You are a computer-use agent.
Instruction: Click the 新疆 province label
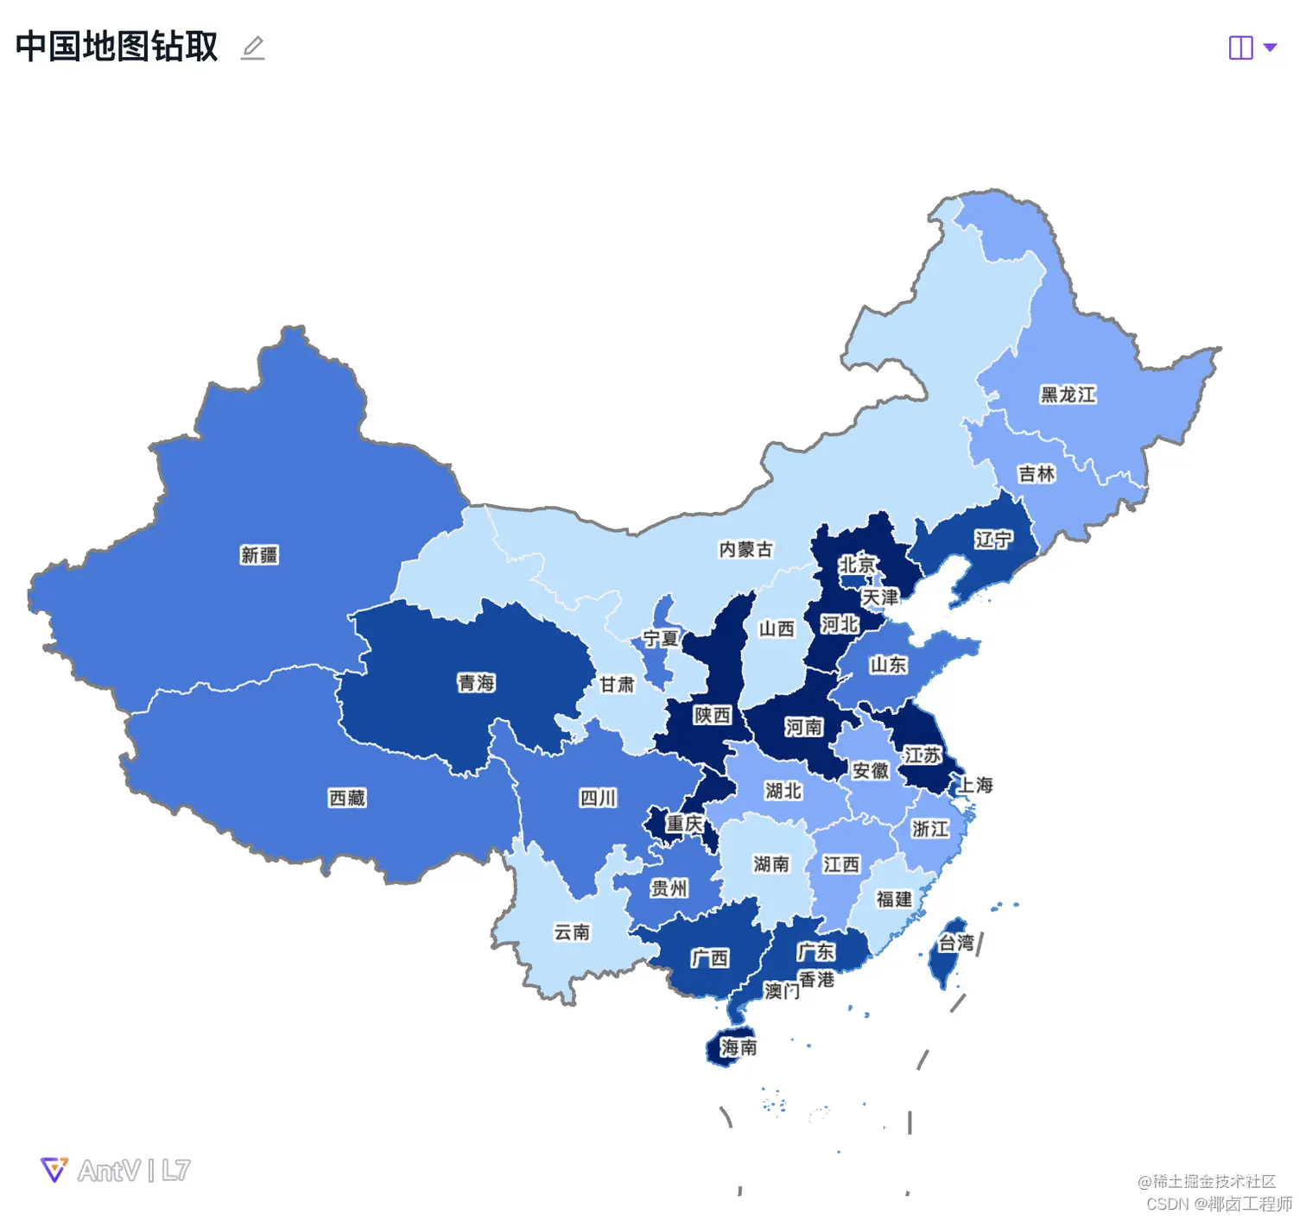[x=259, y=555]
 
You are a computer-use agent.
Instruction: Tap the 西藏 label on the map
[x=347, y=798]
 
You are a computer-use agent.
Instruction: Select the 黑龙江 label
[x=1068, y=395]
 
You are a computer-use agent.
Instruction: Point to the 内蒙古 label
[x=745, y=550]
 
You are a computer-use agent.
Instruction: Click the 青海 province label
[x=476, y=683]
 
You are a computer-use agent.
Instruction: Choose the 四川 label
[x=598, y=798]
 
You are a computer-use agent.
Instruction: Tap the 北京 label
[x=857, y=565]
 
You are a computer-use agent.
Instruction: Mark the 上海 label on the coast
[x=975, y=785]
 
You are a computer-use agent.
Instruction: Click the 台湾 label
[x=956, y=943]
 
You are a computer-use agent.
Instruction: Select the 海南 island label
[x=739, y=1047]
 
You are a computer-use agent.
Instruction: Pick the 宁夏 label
[x=661, y=639]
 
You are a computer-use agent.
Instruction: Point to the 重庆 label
[x=684, y=824]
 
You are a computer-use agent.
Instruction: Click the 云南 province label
[x=572, y=932]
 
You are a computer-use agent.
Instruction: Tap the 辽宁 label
[x=993, y=540]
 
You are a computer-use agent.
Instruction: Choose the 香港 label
[x=816, y=979]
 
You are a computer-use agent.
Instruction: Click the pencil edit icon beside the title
[x=252, y=47]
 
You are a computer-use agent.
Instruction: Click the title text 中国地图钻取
[x=117, y=47]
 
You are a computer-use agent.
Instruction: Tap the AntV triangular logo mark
[x=54, y=1170]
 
